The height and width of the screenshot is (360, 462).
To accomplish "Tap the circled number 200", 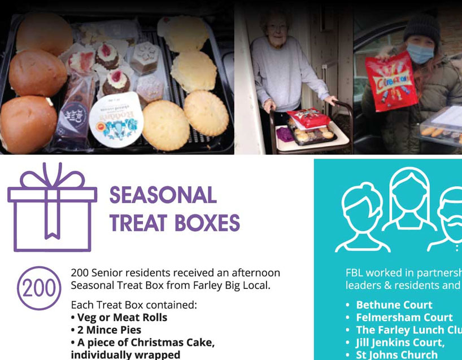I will click(38, 287).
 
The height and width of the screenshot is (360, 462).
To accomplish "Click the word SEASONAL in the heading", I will click(163, 196).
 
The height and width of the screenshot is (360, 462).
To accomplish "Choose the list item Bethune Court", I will click(394, 305).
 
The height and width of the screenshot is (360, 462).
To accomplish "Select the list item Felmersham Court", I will click(404, 318).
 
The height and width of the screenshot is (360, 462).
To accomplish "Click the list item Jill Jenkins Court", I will click(400, 343).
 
